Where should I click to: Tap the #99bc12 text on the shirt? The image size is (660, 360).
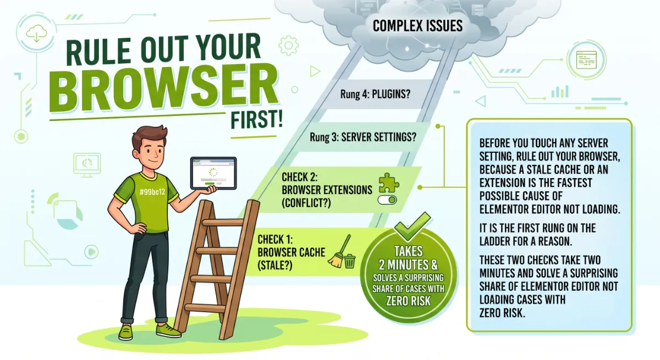152,192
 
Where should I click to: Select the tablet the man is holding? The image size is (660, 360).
213,173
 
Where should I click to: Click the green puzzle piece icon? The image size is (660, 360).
389,183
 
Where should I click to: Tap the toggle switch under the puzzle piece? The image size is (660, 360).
387,200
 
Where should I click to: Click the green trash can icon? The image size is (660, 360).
349,261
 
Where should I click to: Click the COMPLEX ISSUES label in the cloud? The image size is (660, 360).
417,26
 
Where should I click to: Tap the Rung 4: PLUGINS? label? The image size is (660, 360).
375,94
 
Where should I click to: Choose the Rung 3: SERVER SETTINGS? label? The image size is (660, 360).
363,137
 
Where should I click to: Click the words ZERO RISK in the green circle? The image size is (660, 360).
408,301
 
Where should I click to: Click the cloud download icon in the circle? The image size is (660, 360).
36,34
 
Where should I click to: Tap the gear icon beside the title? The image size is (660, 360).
288,46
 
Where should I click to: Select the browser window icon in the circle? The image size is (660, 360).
586,60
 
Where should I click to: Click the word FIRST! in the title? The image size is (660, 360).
256,120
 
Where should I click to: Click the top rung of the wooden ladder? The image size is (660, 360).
223,222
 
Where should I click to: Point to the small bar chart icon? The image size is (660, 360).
560,92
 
